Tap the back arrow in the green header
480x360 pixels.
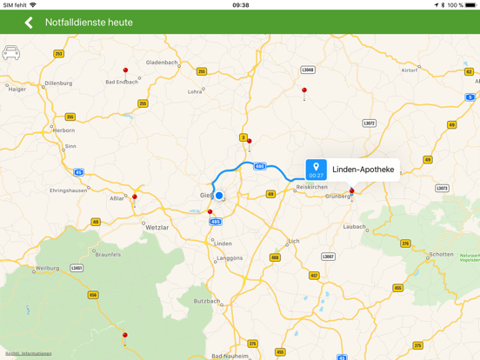click(x=29, y=23)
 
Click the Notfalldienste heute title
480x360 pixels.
click(x=89, y=23)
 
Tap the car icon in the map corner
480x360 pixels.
click(x=11, y=53)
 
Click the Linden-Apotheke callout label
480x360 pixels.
click(x=363, y=170)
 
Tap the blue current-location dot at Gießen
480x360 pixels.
click(x=219, y=196)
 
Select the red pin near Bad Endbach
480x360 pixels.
click(x=125, y=70)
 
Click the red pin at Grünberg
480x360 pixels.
click(x=352, y=190)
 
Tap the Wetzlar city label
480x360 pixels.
click(x=157, y=227)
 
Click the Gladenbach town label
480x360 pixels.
click(x=162, y=63)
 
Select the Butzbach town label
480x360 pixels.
click(x=207, y=301)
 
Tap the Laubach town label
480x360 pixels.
click(x=355, y=227)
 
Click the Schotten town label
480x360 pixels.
click(x=442, y=255)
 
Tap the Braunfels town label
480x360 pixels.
click(x=108, y=255)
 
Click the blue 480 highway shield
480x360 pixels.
click(x=259, y=166)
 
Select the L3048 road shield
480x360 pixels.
click(x=308, y=70)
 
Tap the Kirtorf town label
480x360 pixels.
click(x=409, y=70)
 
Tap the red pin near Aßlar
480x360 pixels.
click(x=135, y=197)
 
